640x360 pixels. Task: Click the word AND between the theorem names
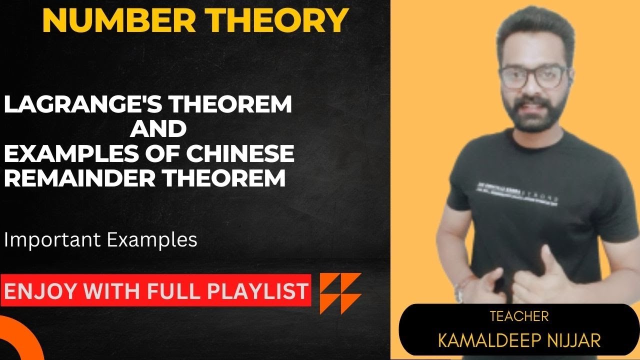coord(158,129)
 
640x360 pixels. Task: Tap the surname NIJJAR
coord(575,340)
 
